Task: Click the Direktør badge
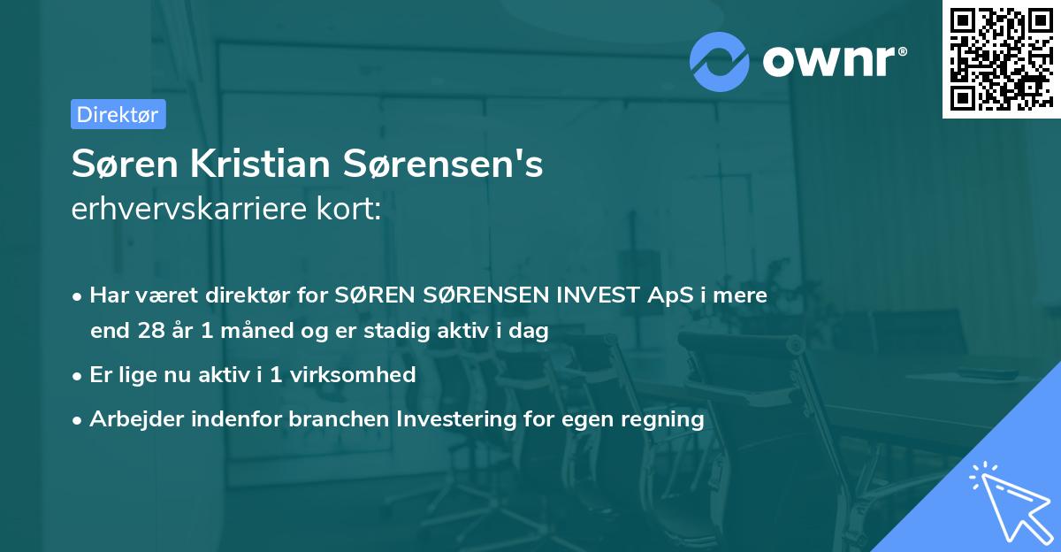tap(117, 114)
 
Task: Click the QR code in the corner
tap(1001, 58)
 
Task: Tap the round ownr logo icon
tap(720, 60)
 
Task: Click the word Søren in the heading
tap(111, 165)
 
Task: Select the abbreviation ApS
tap(666, 295)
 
